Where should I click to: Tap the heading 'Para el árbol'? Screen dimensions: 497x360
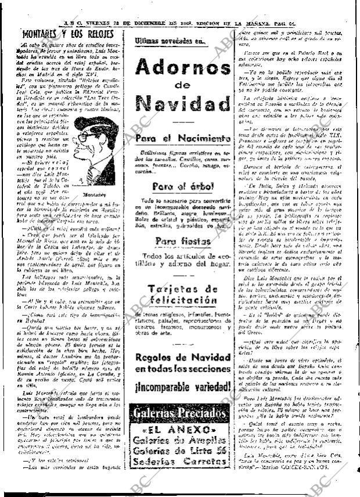coord(183,186)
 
